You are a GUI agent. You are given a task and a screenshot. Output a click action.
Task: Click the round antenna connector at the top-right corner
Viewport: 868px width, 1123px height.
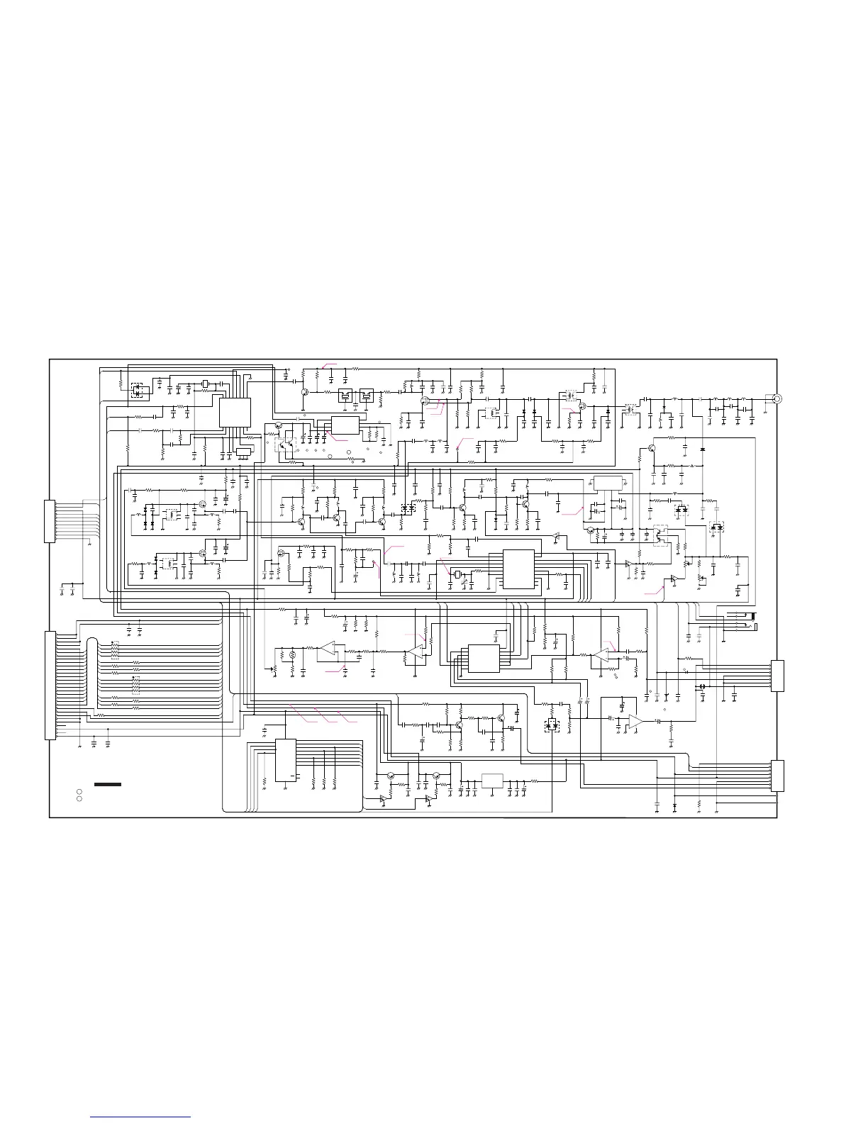coord(777,398)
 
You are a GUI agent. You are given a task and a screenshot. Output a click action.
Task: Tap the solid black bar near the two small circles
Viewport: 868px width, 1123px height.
coord(108,784)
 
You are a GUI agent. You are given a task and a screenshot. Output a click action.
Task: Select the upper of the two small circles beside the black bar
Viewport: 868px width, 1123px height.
coord(80,790)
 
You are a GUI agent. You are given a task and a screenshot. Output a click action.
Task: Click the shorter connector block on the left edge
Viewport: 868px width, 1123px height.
coord(49,521)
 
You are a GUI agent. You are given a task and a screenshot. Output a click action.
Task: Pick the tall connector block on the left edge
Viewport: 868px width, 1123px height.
coord(50,685)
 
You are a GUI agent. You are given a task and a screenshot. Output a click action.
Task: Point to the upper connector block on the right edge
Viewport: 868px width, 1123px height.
coord(779,676)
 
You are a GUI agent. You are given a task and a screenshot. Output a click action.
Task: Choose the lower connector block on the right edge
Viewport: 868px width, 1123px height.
coord(779,775)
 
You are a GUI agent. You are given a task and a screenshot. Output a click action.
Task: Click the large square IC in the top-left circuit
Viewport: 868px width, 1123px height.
coord(235,412)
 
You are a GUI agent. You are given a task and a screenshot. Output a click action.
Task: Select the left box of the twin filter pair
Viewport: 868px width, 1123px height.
coord(346,396)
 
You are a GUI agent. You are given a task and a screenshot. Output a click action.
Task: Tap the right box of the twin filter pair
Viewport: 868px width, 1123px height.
coord(367,396)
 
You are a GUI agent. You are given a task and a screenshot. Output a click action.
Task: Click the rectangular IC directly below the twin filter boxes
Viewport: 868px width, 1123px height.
coord(345,425)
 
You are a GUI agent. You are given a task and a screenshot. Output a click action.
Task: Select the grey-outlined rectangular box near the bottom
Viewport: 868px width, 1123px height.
coord(492,781)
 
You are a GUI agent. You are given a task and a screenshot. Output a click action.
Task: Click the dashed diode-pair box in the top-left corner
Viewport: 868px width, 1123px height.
coord(137,389)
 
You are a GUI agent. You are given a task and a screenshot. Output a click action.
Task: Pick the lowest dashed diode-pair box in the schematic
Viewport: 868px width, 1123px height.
coord(551,726)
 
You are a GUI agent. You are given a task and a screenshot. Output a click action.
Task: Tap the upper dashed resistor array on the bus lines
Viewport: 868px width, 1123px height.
coord(114,651)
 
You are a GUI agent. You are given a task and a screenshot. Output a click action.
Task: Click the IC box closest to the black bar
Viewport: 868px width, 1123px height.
coord(286,760)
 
